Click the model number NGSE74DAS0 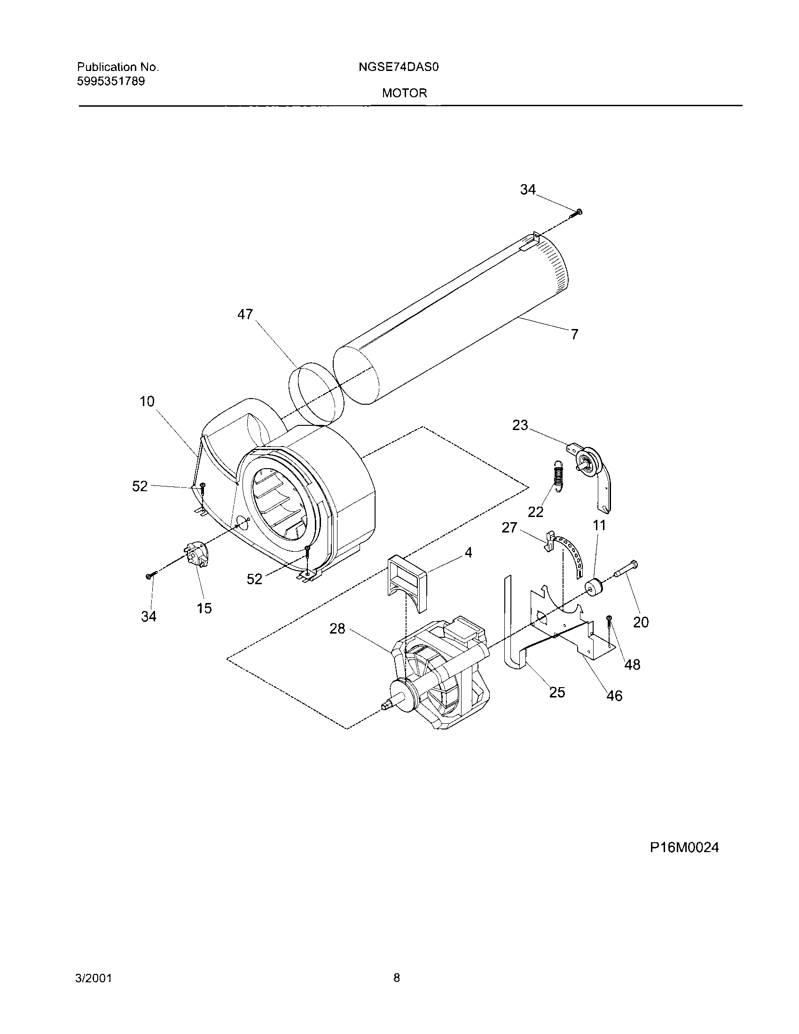coord(399,67)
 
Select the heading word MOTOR coord(404,93)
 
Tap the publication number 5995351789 coord(111,81)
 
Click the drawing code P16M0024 coord(684,847)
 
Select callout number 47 coord(245,314)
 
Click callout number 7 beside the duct coord(574,335)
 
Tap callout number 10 coord(147,401)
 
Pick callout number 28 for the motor coord(337,629)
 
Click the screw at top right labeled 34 coord(578,212)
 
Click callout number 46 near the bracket coord(614,696)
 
